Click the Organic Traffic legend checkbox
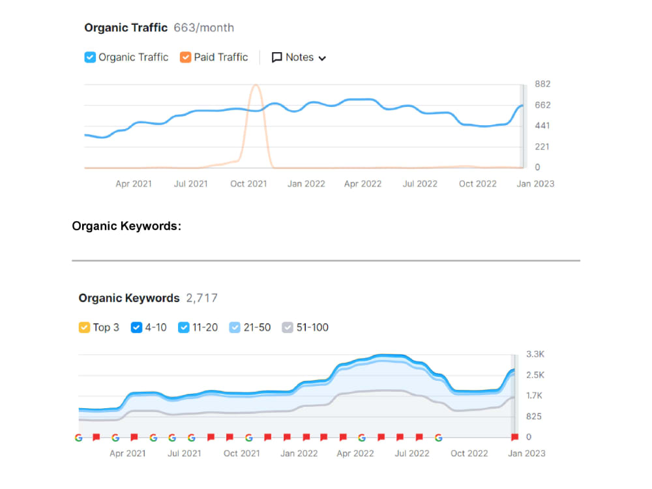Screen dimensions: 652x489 pos(90,57)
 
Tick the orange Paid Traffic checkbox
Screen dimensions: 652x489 pos(185,57)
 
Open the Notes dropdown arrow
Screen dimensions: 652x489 pos(322,58)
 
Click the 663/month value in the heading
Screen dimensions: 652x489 pos(203,28)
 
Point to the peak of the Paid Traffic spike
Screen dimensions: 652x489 pos(256,85)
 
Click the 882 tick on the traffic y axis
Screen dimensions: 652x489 pos(542,84)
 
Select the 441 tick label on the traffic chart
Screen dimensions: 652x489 pos(542,126)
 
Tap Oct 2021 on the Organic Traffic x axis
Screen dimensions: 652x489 pos(248,184)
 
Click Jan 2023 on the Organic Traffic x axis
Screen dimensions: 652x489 pos(535,184)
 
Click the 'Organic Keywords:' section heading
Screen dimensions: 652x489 pos(126,226)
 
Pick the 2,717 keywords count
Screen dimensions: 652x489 pos(201,298)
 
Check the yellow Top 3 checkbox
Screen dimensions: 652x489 pos(84,328)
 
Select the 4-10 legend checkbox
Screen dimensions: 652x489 pos(136,328)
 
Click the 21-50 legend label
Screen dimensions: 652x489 pos(257,328)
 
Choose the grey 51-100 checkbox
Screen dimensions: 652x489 pos(288,328)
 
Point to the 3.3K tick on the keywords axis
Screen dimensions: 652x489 pos(535,354)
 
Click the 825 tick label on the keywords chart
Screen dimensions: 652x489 pos(534,417)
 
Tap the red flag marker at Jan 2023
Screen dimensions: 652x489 pos(515,437)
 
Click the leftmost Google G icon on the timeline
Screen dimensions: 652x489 pos(79,437)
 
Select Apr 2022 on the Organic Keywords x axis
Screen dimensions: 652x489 pos(355,454)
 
